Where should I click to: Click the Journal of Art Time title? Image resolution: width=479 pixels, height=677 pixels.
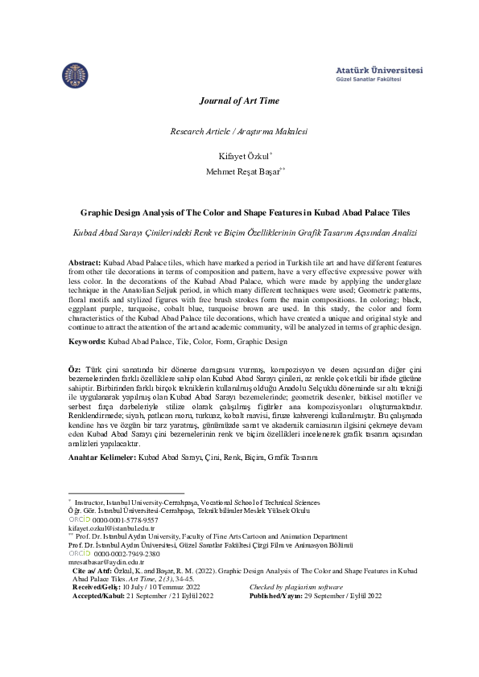[x=239, y=101]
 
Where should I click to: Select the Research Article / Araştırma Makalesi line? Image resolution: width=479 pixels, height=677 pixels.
[x=239, y=131]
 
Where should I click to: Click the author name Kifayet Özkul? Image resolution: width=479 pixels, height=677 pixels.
[x=237, y=154]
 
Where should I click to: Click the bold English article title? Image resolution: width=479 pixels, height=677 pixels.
[x=239, y=213]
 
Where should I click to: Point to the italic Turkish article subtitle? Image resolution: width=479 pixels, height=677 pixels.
[x=239, y=232]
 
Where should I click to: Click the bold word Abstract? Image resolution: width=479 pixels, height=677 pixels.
[x=85, y=264]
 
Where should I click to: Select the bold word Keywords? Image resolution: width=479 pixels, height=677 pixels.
[x=86, y=342]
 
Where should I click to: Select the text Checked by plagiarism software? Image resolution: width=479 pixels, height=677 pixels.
[x=296, y=588]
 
